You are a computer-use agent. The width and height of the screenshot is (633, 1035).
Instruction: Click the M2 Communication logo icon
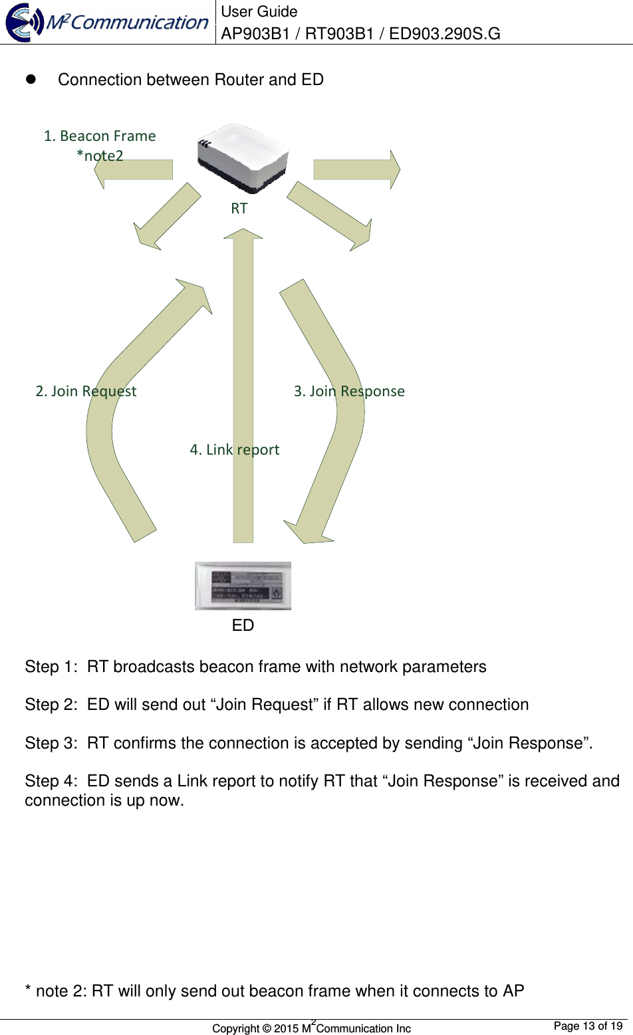pos(25,23)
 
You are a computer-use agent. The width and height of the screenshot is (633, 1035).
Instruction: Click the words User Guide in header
pos(259,11)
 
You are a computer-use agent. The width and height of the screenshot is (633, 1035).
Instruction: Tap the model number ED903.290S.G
pos(444,33)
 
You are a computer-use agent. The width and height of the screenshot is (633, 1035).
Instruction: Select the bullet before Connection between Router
pos(30,79)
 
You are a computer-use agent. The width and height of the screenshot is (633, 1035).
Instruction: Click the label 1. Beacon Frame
pos(100,136)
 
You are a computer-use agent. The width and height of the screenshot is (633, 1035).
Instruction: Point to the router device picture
pos(243,158)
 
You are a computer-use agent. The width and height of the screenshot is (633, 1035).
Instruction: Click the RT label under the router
pos(239,208)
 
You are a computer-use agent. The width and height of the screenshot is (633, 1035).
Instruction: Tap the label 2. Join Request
pos(86,391)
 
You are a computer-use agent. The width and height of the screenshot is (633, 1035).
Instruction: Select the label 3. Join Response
pos(349,391)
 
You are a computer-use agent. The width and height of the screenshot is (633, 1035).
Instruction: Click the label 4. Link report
pos(234,449)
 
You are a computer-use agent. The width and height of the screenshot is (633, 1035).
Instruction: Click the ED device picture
pos(243,586)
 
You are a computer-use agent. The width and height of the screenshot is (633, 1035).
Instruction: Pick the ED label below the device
pos(243,625)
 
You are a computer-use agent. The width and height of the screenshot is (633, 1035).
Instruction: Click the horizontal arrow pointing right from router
pos(356,170)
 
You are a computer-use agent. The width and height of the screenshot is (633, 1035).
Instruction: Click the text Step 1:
pos(51,667)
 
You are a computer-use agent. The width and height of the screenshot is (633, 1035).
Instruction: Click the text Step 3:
pos(51,743)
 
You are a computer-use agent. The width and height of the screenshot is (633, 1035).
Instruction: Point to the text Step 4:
pos(51,781)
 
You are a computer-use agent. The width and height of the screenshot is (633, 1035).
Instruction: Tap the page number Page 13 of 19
pos(588,1026)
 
